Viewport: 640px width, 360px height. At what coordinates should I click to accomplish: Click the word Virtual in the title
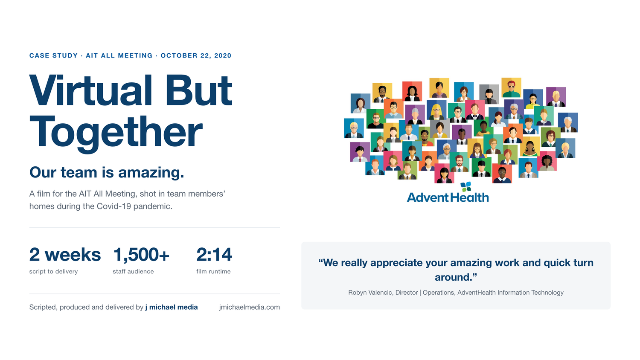tap(90, 90)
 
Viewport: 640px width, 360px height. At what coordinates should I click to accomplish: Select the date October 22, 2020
tap(196, 55)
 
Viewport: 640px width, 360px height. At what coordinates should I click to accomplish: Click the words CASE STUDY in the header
tap(53, 55)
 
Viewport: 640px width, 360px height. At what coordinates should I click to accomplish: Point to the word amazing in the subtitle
tap(151, 173)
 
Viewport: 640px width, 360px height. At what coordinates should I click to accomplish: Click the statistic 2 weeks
tap(65, 254)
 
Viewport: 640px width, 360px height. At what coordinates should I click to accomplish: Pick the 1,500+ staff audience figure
tap(141, 255)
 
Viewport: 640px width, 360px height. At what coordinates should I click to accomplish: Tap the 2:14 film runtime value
tap(214, 254)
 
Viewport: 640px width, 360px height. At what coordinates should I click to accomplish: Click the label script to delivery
tap(53, 271)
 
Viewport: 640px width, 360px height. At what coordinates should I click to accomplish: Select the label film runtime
tap(213, 271)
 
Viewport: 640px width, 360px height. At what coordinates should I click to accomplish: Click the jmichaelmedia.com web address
tap(250, 307)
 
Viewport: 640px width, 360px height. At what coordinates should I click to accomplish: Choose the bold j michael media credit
tap(172, 307)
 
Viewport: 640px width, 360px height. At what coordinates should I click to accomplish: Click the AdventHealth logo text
tap(448, 197)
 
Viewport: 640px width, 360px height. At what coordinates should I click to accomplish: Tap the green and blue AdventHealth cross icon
tap(466, 186)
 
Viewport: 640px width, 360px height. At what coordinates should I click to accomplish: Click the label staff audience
tap(133, 271)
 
